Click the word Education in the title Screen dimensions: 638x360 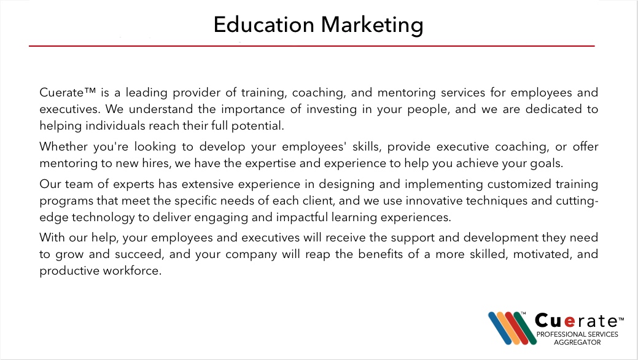[x=263, y=25]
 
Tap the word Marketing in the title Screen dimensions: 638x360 [x=372, y=25]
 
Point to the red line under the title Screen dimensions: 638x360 [x=312, y=46]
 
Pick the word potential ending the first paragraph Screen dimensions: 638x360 [x=257, y=126]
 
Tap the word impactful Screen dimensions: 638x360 [x=301, y=217]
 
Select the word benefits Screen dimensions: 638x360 [x=381, y=254]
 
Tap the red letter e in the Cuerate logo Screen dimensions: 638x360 [x=569, y=322]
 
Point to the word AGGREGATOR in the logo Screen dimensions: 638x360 [x=577, y=342]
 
